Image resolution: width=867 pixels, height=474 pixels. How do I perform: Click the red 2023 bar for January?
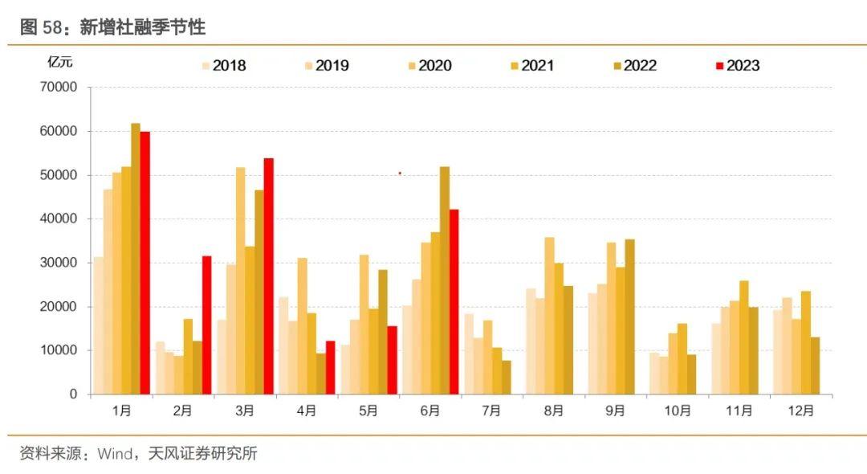click(x=145, y=263)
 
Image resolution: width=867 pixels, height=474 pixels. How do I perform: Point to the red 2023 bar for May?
click(x=392, y=360)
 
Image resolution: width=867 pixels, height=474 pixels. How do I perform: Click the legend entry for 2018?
click(x=224, y=66)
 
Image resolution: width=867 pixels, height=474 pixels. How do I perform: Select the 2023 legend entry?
click(x=736, y=66)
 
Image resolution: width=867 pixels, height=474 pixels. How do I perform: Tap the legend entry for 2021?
click(x=531, y=66)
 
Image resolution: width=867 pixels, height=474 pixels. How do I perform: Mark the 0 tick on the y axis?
click(x=73, y=394)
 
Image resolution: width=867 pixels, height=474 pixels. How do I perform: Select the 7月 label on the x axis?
click(x=491, y=411)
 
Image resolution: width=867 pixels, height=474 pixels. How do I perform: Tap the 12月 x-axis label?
click(x=800, y=411)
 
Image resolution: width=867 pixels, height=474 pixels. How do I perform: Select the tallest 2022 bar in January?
click(x=136, y=259)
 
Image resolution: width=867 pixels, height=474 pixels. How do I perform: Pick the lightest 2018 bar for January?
click(x=98, y=325)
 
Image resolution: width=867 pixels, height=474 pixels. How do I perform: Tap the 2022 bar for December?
click(x=816, y=366)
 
